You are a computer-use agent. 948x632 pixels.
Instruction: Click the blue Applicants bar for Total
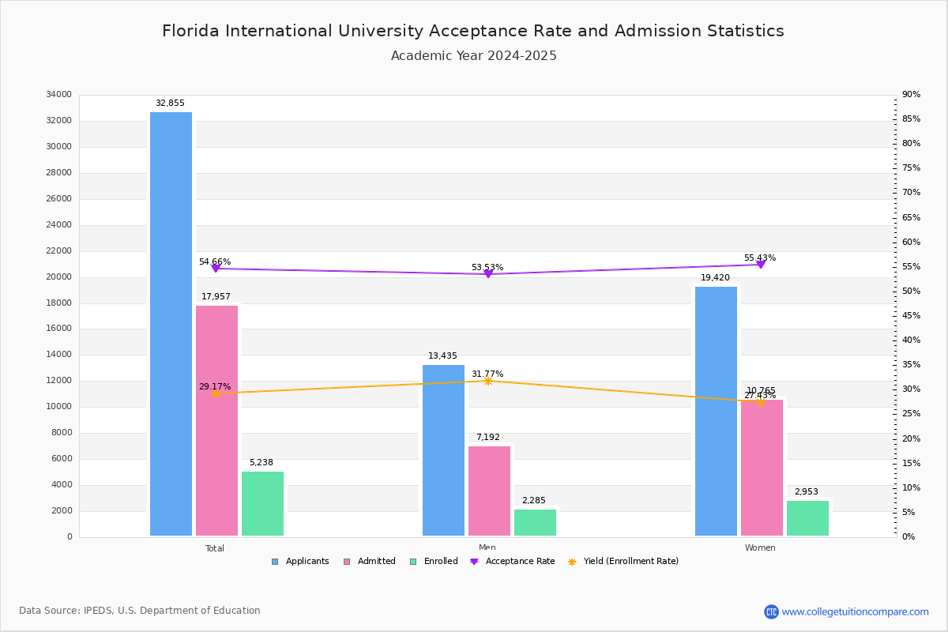pos(171,324)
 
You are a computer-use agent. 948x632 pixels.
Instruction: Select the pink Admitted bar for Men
pos(489,491)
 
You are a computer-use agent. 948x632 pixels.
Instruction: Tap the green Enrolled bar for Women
pos(807,518)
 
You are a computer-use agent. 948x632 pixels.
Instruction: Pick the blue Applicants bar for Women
pos(716,411)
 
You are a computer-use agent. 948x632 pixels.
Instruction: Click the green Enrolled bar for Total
pos(262,504)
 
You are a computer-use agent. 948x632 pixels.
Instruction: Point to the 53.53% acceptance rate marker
pos(487,273)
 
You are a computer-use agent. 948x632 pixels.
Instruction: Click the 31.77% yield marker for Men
pos(487,381)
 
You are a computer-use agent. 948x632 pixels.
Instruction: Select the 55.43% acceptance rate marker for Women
pos(761,264)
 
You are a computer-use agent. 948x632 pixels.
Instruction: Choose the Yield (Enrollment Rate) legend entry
pos(623,562)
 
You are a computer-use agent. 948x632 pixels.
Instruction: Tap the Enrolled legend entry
pos(434,562)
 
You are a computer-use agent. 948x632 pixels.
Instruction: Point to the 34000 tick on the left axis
pos(59,95)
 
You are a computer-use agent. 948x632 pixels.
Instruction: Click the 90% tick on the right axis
pos(911,95)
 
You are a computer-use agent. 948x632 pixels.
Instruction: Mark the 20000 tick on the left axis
pos(59,277)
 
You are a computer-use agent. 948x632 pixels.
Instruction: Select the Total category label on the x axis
pos(215,548)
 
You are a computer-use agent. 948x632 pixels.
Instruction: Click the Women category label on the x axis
pos(760,548)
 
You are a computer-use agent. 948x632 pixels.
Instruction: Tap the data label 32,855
pos(170,103)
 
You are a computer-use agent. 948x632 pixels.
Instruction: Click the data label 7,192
pos(487,438)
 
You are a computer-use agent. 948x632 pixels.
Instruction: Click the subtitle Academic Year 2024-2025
pos(474,56)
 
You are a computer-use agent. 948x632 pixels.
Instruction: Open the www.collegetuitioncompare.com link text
pos(855,611)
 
